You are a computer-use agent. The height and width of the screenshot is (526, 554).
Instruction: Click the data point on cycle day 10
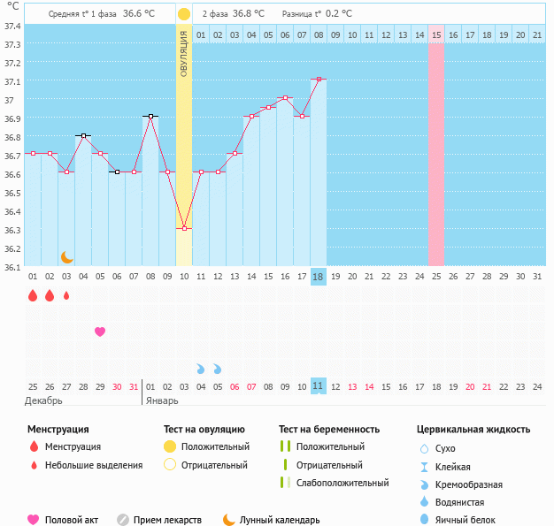(x=184, y=228)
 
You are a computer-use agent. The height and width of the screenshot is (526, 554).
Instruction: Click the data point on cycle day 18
(x=319, y=80)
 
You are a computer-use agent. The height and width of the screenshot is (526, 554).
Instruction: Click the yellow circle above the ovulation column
(x=184, y=14)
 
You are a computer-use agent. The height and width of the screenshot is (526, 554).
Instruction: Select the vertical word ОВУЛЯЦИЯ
(x=184, y=52)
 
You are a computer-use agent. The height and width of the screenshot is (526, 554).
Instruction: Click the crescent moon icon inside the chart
(x=66, y=256)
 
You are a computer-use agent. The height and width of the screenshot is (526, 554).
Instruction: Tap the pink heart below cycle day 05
(x=100, y=332)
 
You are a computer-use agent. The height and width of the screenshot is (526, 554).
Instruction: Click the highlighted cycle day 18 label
(x=319, y=277)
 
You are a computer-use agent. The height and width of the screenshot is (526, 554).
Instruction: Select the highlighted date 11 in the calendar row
(x=319, y=386)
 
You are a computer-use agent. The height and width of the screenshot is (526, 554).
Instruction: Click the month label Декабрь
(x=45, y=400)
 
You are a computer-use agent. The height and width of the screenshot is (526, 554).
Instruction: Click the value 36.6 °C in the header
(x=138, y=14)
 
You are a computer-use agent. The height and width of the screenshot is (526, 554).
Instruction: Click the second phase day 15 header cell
(x=436, y=34)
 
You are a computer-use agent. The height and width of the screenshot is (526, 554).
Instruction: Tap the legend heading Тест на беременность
(x=328, y=429)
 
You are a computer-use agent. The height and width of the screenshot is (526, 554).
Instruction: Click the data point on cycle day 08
(x=150, y=116)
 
